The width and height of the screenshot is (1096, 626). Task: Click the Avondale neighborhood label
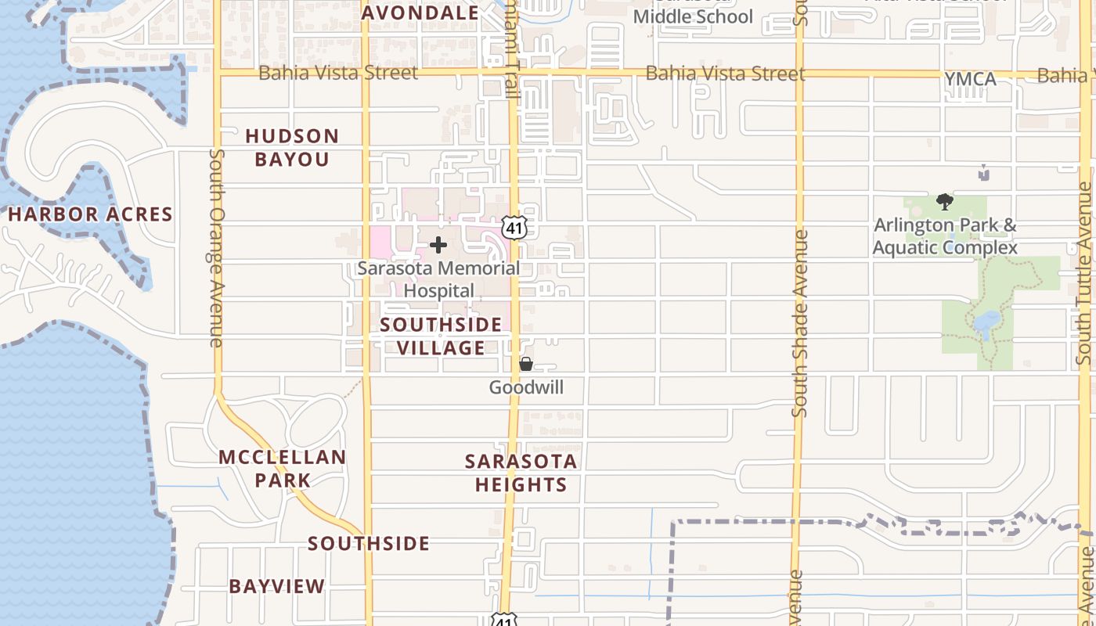(x=420, y=13)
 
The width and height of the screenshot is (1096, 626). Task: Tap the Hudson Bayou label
(x=292, y=148)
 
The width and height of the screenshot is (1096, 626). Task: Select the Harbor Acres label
(x=90, y=214)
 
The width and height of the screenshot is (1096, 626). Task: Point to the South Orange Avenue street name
(x=217, y=247)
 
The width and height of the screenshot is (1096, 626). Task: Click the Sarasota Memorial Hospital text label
(x=438, y=279)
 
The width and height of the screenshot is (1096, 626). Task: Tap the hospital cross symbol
(x=438, y=245)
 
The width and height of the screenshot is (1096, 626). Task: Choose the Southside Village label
(x=441, y=336)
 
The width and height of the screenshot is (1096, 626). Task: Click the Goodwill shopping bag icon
(x=526, y=364)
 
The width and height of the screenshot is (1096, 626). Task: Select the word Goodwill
(x=526, y=387)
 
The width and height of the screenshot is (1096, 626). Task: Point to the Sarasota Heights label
(x=521, y=473)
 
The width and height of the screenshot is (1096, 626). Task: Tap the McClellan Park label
(x=282, y=468)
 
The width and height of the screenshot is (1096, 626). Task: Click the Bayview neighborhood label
(x=276, y=586)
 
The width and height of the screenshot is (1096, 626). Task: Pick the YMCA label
(x=970, y=79)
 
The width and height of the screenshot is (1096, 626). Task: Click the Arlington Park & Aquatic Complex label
(x=945, y=236)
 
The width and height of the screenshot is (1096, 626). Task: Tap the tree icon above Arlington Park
(x=945, y=202)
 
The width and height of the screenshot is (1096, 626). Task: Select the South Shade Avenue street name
(x=799, y=322)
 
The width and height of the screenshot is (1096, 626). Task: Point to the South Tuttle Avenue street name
(x=1084, y=273)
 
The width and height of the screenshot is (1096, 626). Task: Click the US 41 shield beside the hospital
(x=514, y=228)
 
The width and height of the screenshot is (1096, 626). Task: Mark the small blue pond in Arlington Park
(x=986, y=322)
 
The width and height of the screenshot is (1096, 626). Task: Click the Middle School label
(x=693, y=16)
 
